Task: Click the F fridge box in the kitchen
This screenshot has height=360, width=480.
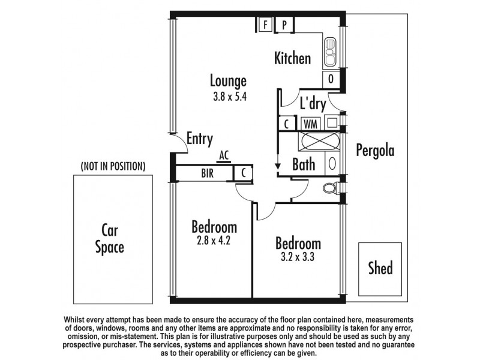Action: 265,25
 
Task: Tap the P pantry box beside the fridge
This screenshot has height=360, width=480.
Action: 284,25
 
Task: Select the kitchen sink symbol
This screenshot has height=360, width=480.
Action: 331,52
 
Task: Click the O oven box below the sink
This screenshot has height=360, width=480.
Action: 331,79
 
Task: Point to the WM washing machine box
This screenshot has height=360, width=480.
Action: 311,123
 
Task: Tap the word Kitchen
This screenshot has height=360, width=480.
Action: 292,59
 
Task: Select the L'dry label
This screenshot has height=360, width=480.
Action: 313,104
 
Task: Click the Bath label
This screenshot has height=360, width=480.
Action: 304,164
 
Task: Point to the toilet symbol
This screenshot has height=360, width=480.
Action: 329,188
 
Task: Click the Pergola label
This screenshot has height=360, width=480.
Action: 374,150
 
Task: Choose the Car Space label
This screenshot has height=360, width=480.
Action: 112,238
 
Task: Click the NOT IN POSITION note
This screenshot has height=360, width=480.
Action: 113,166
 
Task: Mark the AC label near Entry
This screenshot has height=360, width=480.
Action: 224,155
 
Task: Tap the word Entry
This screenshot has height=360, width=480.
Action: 200,139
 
